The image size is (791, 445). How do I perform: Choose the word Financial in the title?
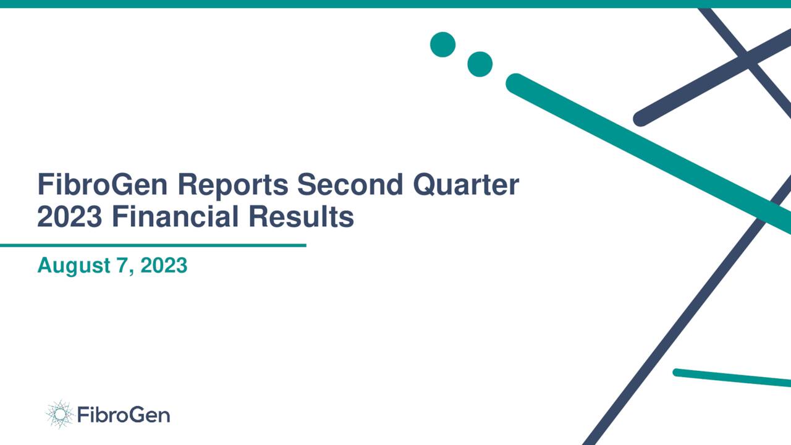pyautogui.click(x=175, y=217)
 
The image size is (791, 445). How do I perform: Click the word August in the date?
pyautogui.click(x=71, y=266)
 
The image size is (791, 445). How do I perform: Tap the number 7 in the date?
pyautogui.click(x=122, y=266)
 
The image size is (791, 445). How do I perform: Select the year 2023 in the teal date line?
pyautogui.click(x=164, y=266)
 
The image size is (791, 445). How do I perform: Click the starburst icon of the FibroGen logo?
pyautogui.click(x=59, y=414)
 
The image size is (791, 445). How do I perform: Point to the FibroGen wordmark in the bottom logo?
pyautogui.click(x=124, y=414)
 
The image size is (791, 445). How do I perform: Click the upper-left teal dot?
pyautogui.click(x=442, y=44)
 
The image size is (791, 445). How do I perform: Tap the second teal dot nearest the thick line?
pyautogui.click(x=480, y=64)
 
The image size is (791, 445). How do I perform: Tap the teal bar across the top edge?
pyautogui.click(x=395, y=4)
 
